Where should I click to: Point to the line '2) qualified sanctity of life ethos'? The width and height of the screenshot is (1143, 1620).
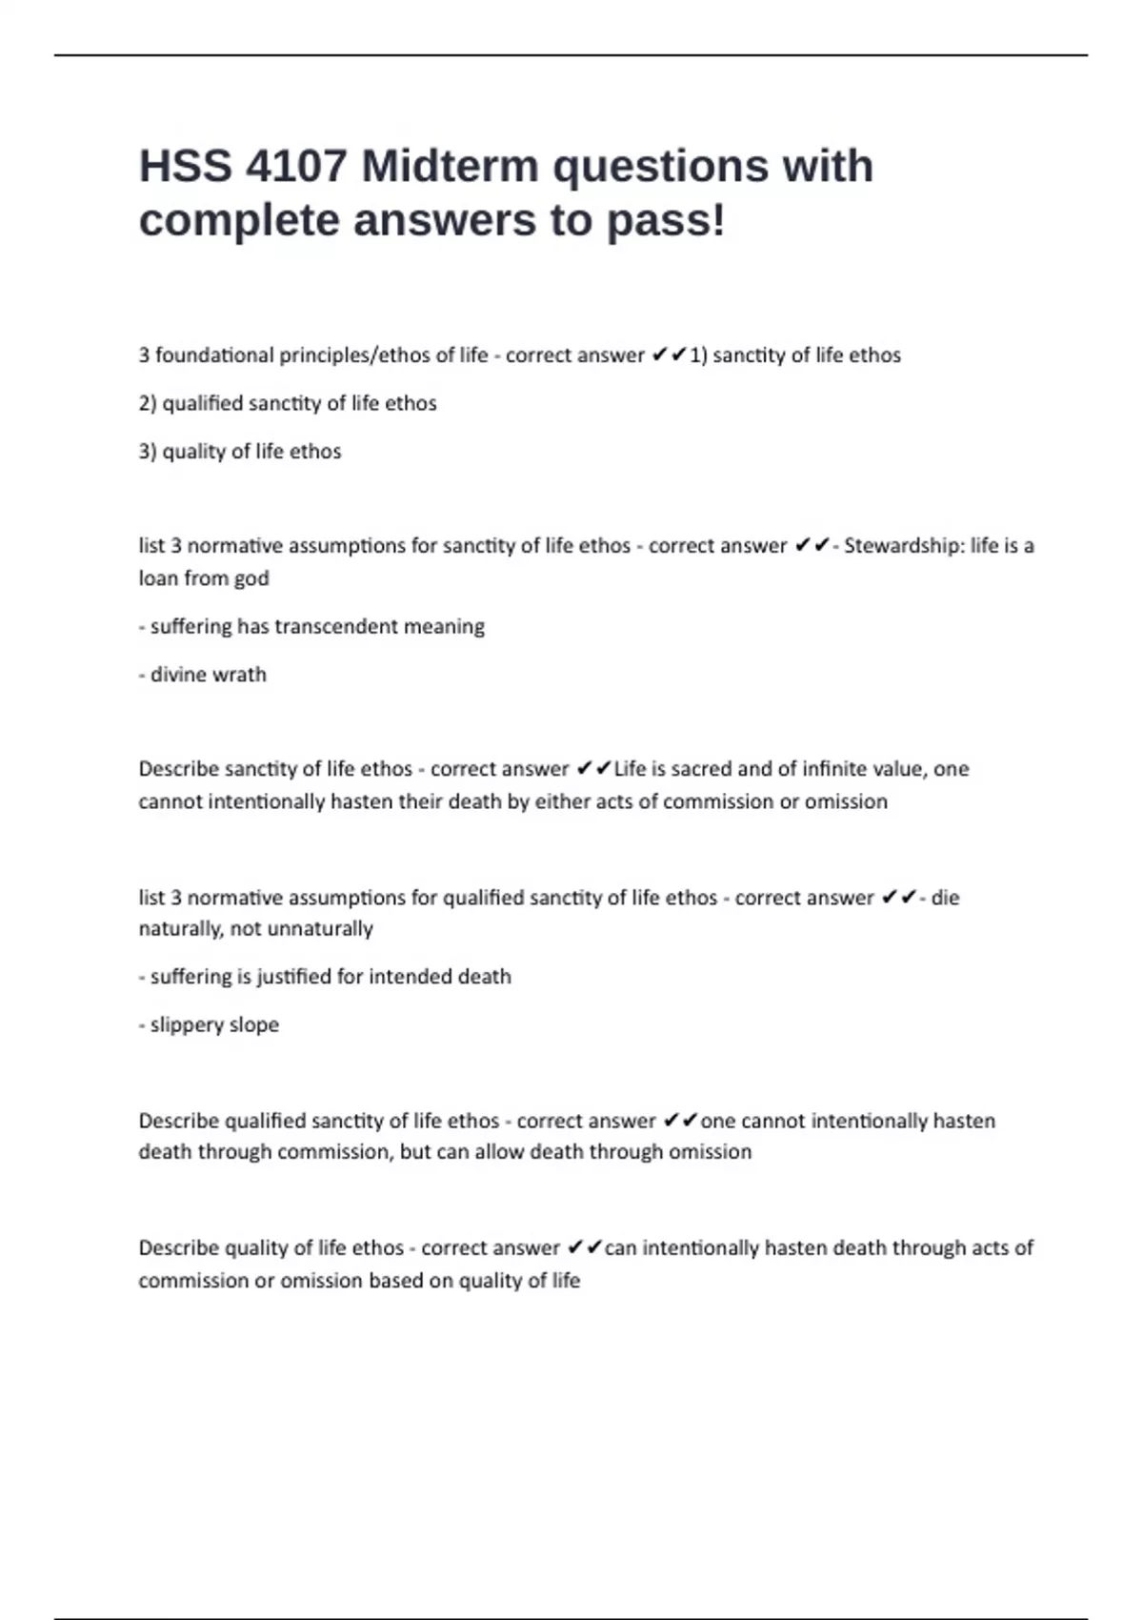[x=288, y=404]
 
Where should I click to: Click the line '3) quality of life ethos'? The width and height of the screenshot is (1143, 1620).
[x=240, y=452]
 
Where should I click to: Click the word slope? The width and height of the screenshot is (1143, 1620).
[x=254, y=1025]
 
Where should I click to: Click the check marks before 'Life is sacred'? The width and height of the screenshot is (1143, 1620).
[x=593, y=769]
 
